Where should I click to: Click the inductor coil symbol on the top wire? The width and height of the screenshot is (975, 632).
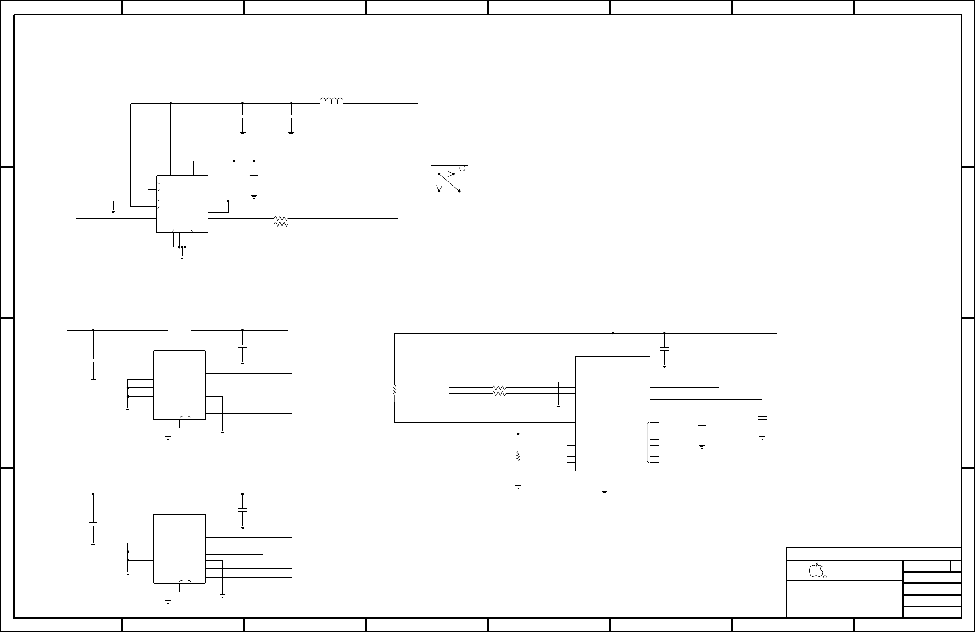[x=332, y=101]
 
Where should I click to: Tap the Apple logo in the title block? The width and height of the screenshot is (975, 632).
[x=816, y=570]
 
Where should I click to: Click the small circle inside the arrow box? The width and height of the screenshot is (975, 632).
[x=462, y=168]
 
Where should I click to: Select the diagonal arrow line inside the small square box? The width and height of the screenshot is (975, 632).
[x=449, y=182]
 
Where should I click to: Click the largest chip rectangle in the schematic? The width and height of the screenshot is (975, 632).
[x=612, y=414]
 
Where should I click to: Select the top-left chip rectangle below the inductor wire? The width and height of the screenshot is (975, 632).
[x=182, y=204]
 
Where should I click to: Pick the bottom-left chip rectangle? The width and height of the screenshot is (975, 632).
[x=179, y=548]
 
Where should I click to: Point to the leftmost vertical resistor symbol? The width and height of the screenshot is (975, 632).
[x=394, y=391]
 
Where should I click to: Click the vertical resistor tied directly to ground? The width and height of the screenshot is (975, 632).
[x=518, y=456]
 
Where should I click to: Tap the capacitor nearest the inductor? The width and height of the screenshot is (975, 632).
[x=291, y=117]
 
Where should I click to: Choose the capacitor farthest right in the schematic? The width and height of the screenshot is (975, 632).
[x=762, y=418]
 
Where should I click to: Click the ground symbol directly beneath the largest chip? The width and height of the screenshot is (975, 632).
[x=604, y=492]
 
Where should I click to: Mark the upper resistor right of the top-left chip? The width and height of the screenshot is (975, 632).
[x=281, y=219]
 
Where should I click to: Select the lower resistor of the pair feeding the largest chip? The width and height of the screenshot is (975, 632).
[x=500, y=394]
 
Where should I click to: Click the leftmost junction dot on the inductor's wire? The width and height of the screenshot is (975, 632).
[x=171, y=103]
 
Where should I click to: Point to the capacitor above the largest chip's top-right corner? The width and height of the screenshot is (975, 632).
[x=664, y=349]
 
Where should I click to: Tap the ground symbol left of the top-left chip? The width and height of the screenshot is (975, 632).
[x=113, y=211]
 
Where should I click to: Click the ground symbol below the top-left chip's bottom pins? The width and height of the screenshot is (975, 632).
[x=182, y=256]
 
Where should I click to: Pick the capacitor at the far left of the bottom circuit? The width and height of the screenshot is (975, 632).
[x=93, y=524]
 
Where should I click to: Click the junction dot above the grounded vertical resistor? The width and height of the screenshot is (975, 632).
[x=518, y=434]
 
